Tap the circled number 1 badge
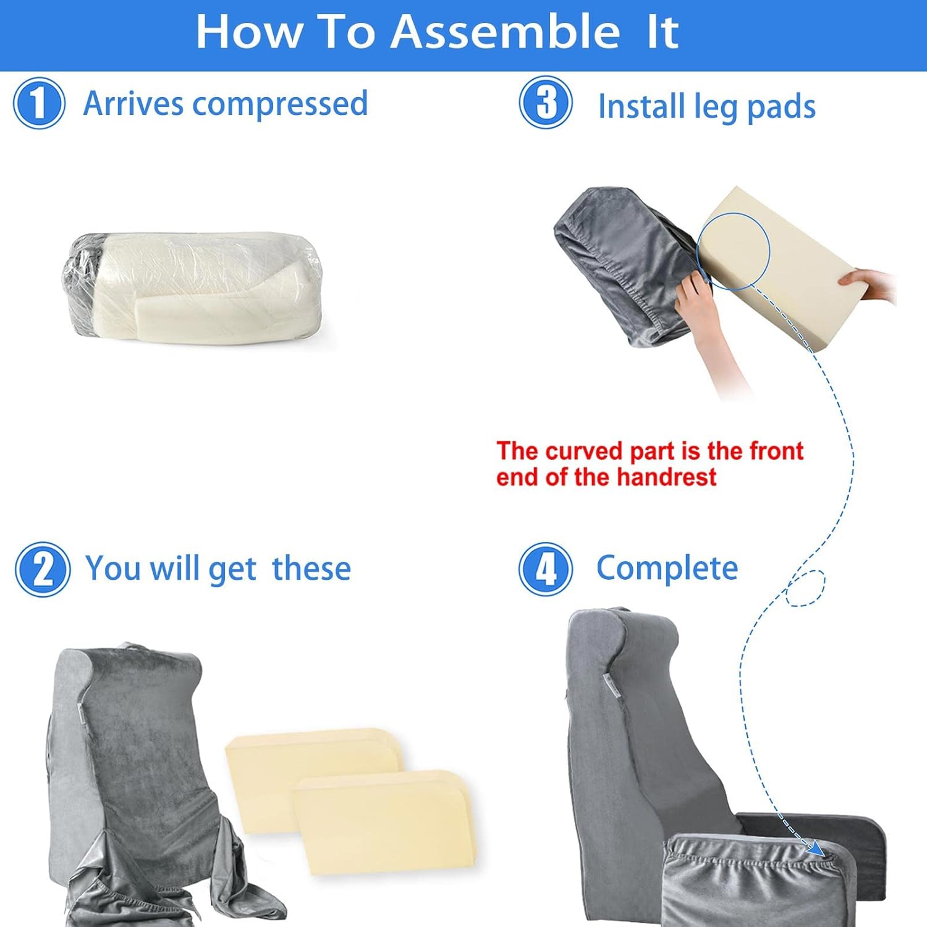(39, 103)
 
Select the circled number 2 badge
(43, 569)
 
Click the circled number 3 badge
(546, 103)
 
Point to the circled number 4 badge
(546, 569)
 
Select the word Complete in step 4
(667, 568)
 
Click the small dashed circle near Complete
(805, 588)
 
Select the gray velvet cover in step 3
(618, 260)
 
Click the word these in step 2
(311, 569)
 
